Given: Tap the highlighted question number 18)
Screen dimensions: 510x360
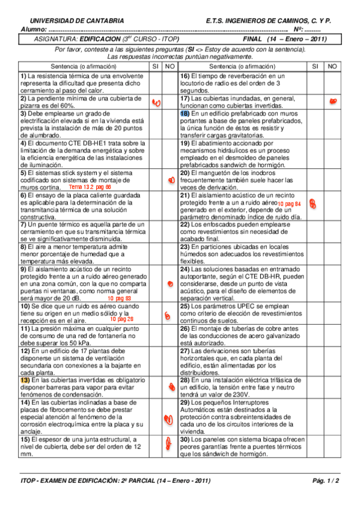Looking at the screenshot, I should [185, 113].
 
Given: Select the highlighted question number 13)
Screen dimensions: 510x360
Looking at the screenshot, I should [25, 381].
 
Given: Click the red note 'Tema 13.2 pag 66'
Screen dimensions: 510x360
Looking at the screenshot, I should [90, 188].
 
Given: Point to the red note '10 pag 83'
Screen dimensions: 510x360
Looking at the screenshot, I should [119, 298].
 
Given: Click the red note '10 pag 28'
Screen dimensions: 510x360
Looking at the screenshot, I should [121, 319].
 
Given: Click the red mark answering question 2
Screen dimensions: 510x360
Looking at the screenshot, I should [156, 103].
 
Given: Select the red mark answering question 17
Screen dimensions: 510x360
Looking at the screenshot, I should [332, 103].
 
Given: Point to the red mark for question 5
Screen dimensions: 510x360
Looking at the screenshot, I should [171, 180].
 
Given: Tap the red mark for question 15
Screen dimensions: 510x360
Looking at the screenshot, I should [158, 444].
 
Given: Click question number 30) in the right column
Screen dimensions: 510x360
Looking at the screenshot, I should [185, 440].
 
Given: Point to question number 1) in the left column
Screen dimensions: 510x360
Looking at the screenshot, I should [23, 76].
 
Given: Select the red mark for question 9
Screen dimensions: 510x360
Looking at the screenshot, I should [171, 283].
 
